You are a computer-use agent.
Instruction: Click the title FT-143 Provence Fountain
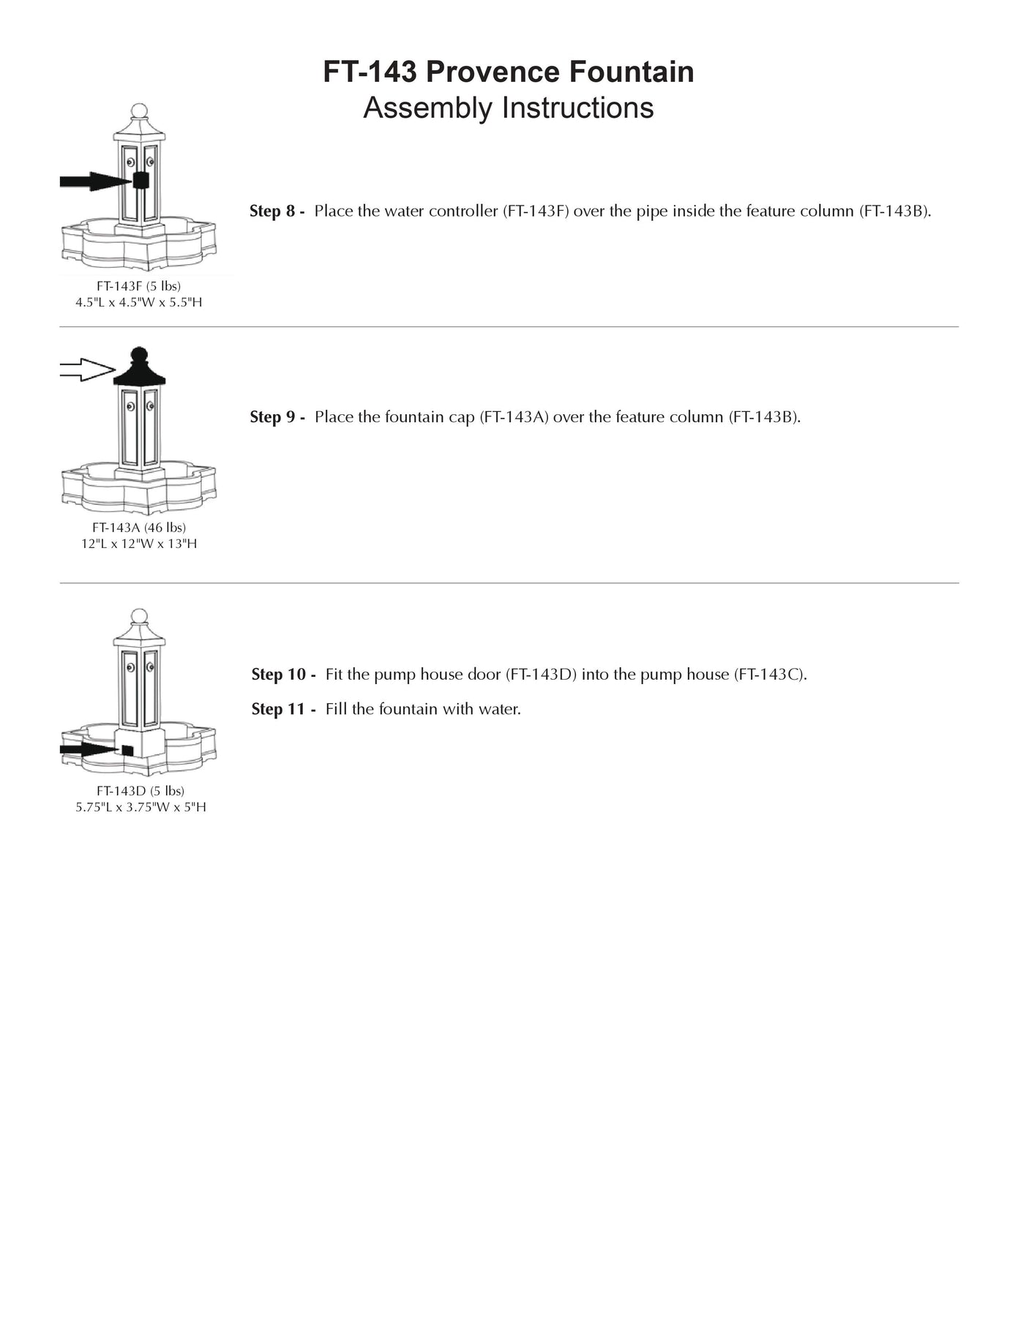pyautogui.click(x=508, y=72)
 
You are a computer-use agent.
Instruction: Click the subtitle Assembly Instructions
pyautogui.click(x=508, y=108)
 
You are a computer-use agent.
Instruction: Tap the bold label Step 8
pyautogui.click(x=277, y=211)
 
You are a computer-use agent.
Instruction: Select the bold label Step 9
pyautogui.click(x=277, y=417)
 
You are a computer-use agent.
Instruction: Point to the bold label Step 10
pyautogui.click(x=283, y=675)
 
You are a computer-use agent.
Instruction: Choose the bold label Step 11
pyautogui.click(x=283, y=710)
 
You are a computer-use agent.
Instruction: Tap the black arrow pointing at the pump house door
pyautogui.click(x=89, y=749)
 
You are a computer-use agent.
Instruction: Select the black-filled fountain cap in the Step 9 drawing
pyautogui.click(x=139, y=369)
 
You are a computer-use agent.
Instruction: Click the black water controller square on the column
pyautogui.click(x=141, y=180)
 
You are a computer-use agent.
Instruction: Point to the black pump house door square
pyautogui.click(x=127, y=751)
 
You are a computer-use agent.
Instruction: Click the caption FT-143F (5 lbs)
pyautogui.click(x=138, y=286)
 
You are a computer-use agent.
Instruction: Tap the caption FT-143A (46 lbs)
pyautogui.click(x=139, y=528)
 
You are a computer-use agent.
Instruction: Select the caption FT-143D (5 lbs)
pyautogui.click(x=141, y=791)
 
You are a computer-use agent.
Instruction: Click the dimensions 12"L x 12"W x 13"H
pyautogui.click(x=139, y=544)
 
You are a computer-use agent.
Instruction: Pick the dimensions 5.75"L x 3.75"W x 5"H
pyautogui.click(x=141, y=807)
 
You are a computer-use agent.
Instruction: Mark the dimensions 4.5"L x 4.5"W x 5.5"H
pyautogui.click(x=138, y=302)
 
